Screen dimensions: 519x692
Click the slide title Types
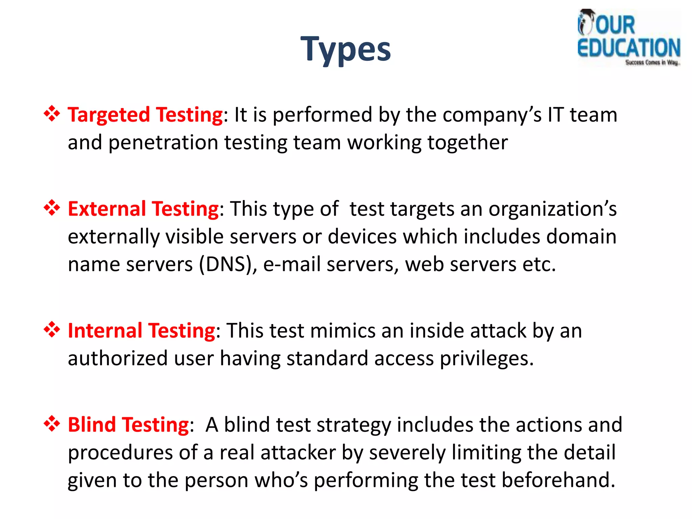point(346,50)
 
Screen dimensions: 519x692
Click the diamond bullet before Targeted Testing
point(52,114)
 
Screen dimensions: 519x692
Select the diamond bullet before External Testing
point(52,208)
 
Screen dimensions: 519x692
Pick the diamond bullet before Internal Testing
point(52,329)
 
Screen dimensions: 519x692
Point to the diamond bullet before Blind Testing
point(52,424)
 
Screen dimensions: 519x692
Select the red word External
point(107,209)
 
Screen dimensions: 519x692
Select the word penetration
point(163,143)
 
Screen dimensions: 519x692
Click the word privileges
point(487,359)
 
